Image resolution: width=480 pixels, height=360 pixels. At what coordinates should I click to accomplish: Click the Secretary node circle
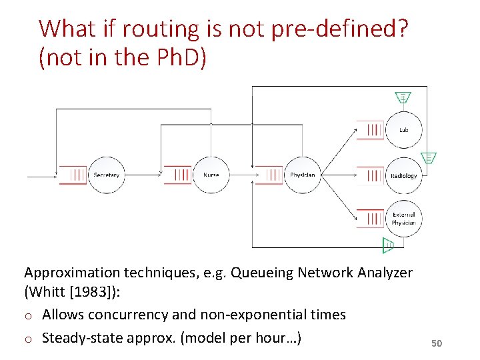[107, 175]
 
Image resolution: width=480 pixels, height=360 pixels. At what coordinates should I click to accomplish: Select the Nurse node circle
[211, 175]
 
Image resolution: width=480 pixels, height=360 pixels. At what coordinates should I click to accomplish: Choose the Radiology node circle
[404, 176]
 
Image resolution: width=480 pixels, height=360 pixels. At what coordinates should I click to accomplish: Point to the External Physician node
[404, 219]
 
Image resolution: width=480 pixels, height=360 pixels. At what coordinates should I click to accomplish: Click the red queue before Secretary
[73, 175]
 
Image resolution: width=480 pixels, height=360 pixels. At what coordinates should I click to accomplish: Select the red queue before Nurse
[178, 175]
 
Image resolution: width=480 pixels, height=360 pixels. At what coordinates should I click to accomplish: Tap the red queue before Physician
[269, 175]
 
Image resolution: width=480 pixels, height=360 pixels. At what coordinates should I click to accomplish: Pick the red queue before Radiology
[371, 176]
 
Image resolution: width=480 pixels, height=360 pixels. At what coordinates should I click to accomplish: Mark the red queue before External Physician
[371, 219]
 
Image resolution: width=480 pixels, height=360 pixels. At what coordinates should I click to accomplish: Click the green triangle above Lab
[403, 97]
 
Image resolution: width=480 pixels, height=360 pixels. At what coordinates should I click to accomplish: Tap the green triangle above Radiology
[429, 158]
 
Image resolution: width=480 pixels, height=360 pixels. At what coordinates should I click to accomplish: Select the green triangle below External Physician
[388, 246]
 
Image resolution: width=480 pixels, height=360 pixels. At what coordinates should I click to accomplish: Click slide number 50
[437, 343]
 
